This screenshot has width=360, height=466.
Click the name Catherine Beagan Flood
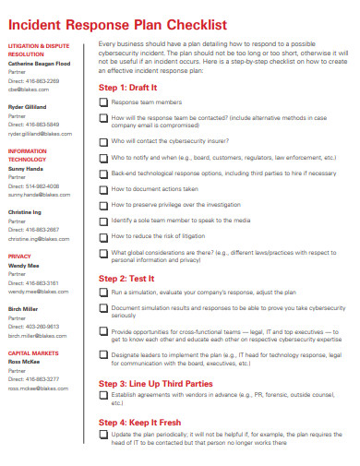39,64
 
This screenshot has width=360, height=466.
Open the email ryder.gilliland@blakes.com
40,133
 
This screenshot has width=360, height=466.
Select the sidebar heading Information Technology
28,154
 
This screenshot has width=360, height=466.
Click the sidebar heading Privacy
19,256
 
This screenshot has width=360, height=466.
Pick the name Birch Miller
24,308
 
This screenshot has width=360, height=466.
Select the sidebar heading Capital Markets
32,352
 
